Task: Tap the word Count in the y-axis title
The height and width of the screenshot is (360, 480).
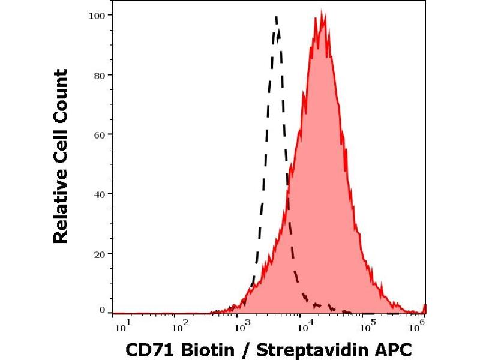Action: pyautogui.click(x=61, y=92)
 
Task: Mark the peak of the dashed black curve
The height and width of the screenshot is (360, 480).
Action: pyautogui.click(x=276, y=17)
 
